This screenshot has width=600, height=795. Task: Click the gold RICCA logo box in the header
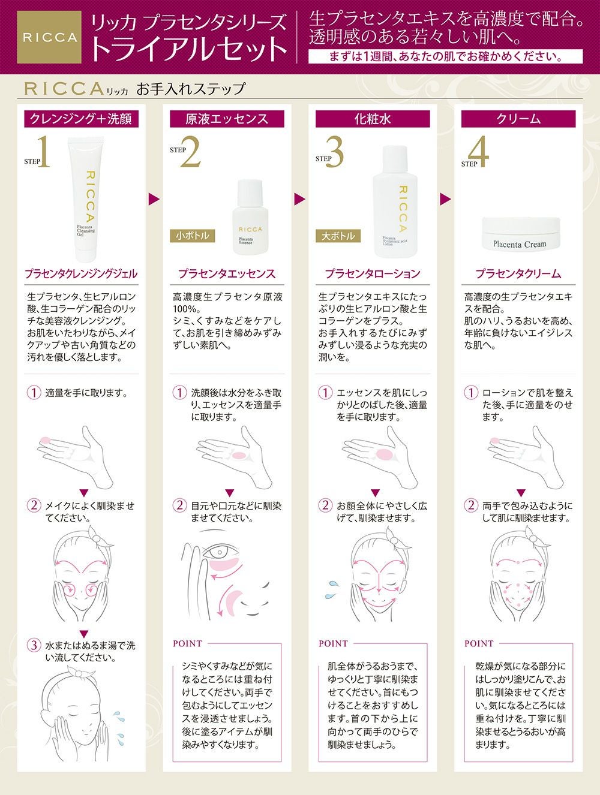click(x=49, y=37)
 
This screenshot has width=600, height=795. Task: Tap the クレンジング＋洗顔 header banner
click(x=81, y=119)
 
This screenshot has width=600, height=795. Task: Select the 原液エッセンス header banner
click(x=227, y=119)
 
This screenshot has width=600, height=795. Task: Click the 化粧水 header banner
click(x=373, y=119)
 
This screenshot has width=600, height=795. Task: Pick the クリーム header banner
click(x=518, y=119)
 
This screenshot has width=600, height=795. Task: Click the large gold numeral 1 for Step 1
click(x=43, y=152)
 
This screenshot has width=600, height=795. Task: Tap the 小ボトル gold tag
click(x=193, y=236)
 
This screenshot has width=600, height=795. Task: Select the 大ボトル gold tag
click(x=338, y=236)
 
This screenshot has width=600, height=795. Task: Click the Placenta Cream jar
click(x=520, y=234)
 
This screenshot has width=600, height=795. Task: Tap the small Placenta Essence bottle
click(x=250, y=217)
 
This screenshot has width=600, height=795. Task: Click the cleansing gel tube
click(x=86, y=198)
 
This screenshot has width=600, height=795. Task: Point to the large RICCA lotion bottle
click(x=395, y=201)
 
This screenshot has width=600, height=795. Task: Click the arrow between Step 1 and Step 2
click(x=154, y=199)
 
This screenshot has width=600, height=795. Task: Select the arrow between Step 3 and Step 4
click(x=445, y=199)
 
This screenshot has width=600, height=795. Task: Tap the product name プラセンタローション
click(x=373, y=274)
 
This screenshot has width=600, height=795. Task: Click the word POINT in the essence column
click(x=187, y=643)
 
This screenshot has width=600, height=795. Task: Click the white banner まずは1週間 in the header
click(x=446, y=57)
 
